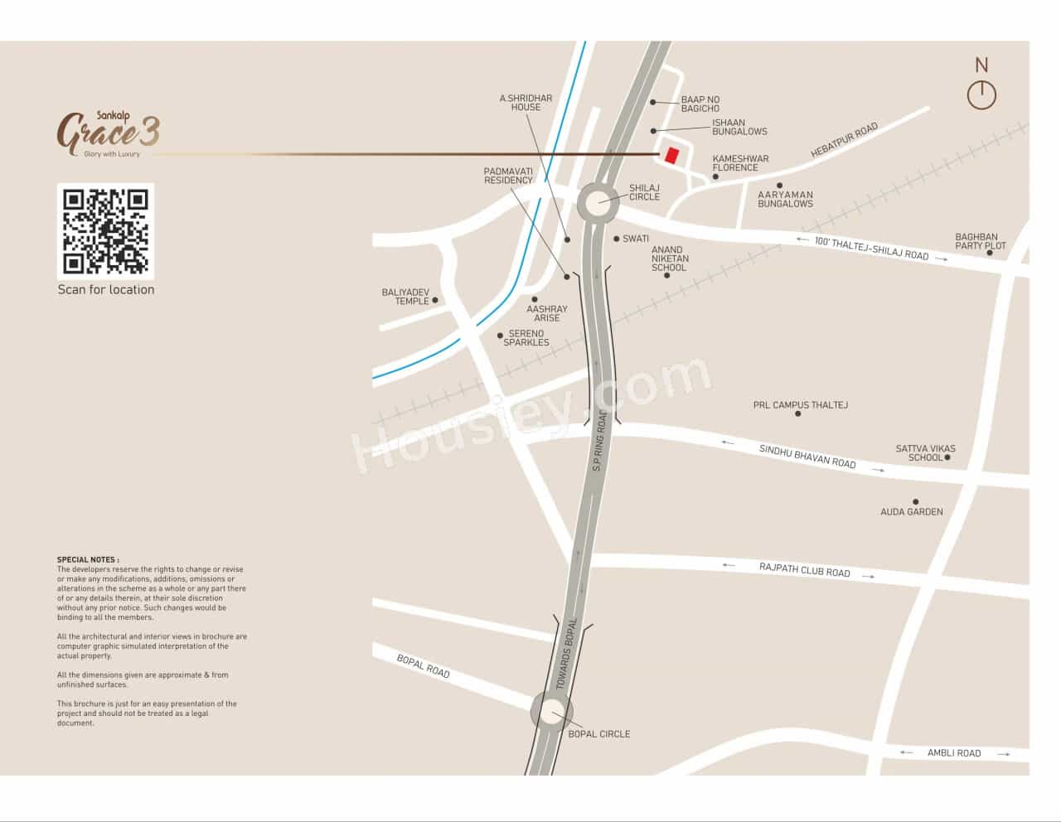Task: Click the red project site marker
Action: click(671, 156)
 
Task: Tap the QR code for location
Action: click(105, 231)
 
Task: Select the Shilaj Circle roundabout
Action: click(598, 201)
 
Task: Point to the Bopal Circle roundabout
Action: click(551, 712)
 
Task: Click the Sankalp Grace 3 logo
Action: click(109, 133)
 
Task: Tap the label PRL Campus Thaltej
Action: click(800, 405)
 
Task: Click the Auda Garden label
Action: click(911, 512)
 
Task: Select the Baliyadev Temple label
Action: click(405, 297)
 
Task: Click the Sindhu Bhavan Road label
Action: click(807, 457)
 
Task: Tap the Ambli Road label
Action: click(953, 753)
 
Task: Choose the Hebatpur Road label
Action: click(844, 141)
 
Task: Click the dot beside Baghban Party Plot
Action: click(990, 253)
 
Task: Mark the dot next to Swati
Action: click(617, 239)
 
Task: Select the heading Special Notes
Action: click(88, 560)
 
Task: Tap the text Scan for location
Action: click(106, 289)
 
